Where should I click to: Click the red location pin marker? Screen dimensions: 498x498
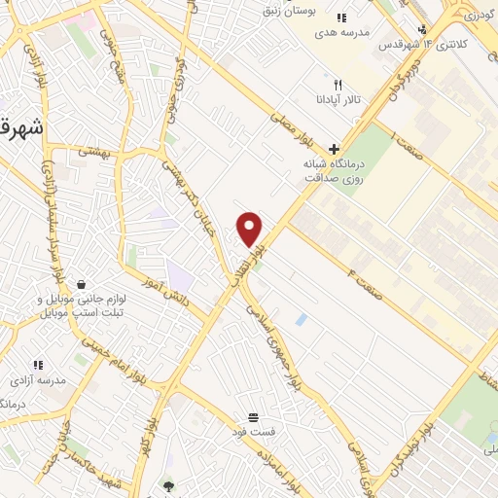250,228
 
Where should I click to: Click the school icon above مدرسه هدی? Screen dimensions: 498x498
340,18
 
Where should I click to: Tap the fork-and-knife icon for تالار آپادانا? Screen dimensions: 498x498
338,85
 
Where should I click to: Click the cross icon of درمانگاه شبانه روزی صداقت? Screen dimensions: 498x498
335,150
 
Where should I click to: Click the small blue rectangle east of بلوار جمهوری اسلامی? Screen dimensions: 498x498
301,319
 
